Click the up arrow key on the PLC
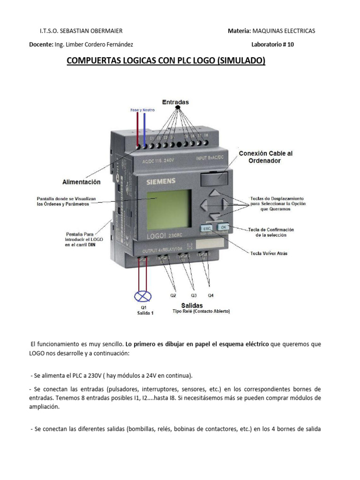214,192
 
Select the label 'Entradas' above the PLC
175,102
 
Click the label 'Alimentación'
82,181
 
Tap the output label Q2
173,296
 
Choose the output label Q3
194,296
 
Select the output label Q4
211,296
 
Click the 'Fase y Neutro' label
142,110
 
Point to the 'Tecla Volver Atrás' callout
269,253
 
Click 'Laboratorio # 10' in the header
273,45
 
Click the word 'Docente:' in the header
41,45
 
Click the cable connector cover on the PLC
214,178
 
